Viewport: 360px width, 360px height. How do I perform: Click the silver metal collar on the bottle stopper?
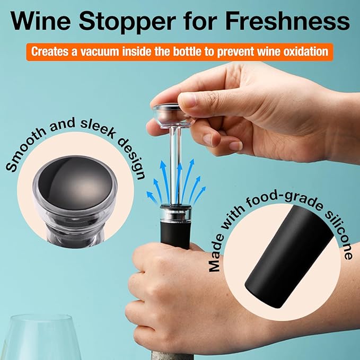(x=175, y=214)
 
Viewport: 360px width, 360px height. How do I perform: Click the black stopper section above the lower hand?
(x=175, y=233)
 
